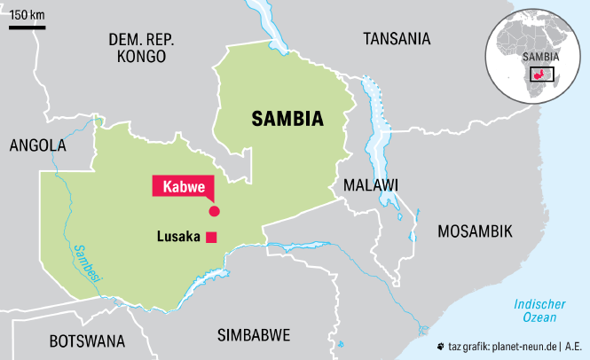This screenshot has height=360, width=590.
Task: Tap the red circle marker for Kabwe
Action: (x=213, y=210)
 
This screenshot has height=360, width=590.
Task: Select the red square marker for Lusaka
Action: (x=211, y=236)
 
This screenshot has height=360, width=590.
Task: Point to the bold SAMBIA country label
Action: (x=287, y=119)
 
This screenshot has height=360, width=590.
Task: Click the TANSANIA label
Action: (x=397, y=38)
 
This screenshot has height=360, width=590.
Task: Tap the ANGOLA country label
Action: (x=37, y=145)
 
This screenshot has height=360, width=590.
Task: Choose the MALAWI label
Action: (x=371, y=184)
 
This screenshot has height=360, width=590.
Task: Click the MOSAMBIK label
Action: (x=475, y=231)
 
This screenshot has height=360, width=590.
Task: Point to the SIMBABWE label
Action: (x=254, y=335)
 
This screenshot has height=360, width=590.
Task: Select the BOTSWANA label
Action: (x=87, y=340)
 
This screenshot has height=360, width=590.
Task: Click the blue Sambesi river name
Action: (x=87, y=263)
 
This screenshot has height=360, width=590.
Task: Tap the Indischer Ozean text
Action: (x=537, y=310)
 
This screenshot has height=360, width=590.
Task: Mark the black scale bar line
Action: (x=28, y=27)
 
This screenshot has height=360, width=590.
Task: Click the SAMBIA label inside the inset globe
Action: (x=541, y=57)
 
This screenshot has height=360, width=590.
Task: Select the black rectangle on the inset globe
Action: (x=541, y=74)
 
